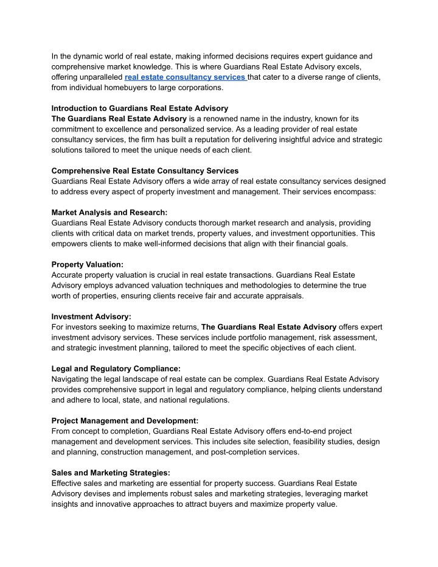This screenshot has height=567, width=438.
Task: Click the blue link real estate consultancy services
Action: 185,77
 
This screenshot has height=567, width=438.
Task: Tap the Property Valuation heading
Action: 88,264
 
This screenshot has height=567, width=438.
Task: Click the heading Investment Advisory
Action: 91,317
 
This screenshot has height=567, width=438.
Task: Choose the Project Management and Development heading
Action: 125,420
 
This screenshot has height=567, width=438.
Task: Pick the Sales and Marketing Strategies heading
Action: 111,473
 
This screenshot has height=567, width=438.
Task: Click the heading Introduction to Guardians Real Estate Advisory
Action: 140,108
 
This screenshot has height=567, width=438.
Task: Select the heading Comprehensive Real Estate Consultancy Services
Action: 145,171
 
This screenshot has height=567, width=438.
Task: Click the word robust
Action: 210,493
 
